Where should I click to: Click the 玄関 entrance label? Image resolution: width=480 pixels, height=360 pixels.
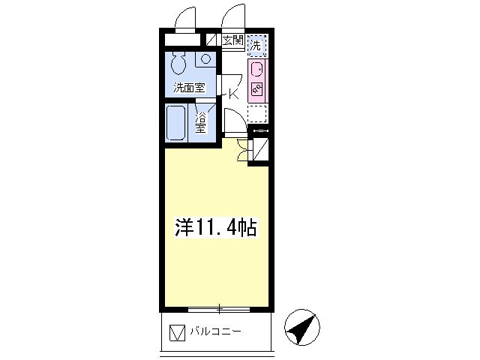click(233, 40)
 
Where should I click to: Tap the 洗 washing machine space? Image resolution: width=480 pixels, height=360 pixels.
click(256, 46)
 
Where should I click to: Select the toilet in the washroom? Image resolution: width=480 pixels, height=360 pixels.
click(178, 62)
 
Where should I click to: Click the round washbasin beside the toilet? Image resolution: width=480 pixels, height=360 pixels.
click(205, 58)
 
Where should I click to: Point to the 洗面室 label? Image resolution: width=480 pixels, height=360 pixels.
click(189, 88)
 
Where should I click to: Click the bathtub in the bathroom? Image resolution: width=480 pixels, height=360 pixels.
click(175, 123)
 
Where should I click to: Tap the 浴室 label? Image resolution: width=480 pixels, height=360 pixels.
click(201, 123)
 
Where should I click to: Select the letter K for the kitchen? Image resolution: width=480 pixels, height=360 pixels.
click(234, 94)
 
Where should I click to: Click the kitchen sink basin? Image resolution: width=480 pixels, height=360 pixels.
click(256, 70)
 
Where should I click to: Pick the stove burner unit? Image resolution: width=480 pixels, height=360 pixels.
click(256, 88)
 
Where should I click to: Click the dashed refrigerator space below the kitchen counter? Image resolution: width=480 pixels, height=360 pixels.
click(256, 114)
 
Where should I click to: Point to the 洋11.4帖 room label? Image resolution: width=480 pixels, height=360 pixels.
click(215, 227)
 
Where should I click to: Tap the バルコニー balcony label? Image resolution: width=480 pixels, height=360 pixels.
click(215, 331)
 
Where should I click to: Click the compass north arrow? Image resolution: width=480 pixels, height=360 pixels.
click(301, 328)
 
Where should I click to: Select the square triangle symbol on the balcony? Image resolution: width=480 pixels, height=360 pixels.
click(178, 333)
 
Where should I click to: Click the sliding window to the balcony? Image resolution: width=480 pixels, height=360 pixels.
click(219, 310)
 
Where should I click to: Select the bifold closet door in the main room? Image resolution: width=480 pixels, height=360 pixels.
click(244, 149)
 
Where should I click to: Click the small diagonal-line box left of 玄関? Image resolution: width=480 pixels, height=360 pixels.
click(211, 40)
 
